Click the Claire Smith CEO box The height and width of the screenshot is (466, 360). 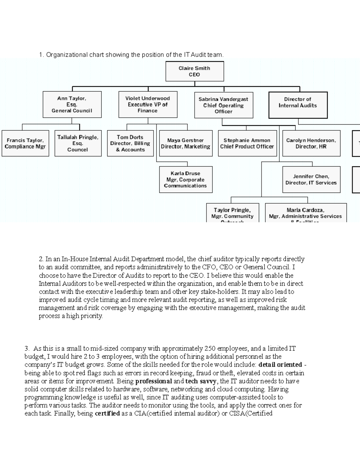pyautogui.click(x=194, y=71)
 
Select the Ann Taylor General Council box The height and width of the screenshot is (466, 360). pyautogui.click(x=72, y=104)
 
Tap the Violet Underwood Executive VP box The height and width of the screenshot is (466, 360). pyautogui.click(x=148, y=104)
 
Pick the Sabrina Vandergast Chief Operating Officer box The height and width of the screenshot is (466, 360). pyautogui.click(x=223, y=105)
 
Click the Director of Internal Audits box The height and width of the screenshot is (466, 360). pyautogui.click(x=298, y=105)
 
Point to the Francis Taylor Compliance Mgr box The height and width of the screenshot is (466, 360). pyautogui.click(x=25, y=143)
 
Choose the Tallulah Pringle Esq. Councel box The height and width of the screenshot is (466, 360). pyautogui.click(x=78, y=143)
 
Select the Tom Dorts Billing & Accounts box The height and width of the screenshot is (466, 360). pyautogui.click(x=130, y=143)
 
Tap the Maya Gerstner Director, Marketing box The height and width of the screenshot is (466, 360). pyautogui.click(x=186, y=143)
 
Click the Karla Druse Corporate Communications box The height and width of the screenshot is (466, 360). pyautogui.click(x=186, y=180)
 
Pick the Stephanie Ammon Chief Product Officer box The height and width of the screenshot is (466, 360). pyautogui.click(x=247, y=143)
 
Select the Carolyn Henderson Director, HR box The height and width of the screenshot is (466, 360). pyautogui.click(x=311, y=143)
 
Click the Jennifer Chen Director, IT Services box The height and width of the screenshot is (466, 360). pyautogui.click(x=311, y=180)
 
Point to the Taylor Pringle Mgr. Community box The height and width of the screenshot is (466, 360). pyautogui.click(x=232, y=213)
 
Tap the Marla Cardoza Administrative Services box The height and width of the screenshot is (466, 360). pyautogui.click(x=306, y=213)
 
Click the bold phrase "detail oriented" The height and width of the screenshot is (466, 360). pyautogui.click(x=280, y=365)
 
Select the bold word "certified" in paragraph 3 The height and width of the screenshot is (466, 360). pyautogui.click(x=107, y=413)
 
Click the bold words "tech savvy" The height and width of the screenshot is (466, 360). pyautogui.click(x=201, y=381)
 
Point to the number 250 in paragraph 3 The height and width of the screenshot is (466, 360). pyautogui.click(x=210, y=349)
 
